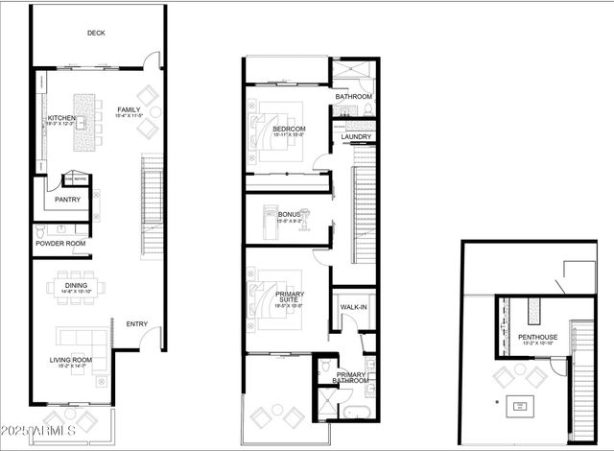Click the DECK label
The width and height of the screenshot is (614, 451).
(96, 33)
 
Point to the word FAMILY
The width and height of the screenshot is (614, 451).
(130, 109)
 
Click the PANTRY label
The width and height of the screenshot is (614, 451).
(67, 201)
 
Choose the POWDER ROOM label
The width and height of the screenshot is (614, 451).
(60, 244)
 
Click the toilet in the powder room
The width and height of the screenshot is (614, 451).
(39, 231)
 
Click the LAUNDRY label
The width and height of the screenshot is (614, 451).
(357, 137)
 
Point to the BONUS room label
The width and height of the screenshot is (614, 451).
(290, 214)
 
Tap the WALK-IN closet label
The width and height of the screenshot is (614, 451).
(351, 308)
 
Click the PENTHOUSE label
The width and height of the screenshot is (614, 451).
(538, 338)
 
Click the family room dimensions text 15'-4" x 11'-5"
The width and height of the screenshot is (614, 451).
(130, 118)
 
